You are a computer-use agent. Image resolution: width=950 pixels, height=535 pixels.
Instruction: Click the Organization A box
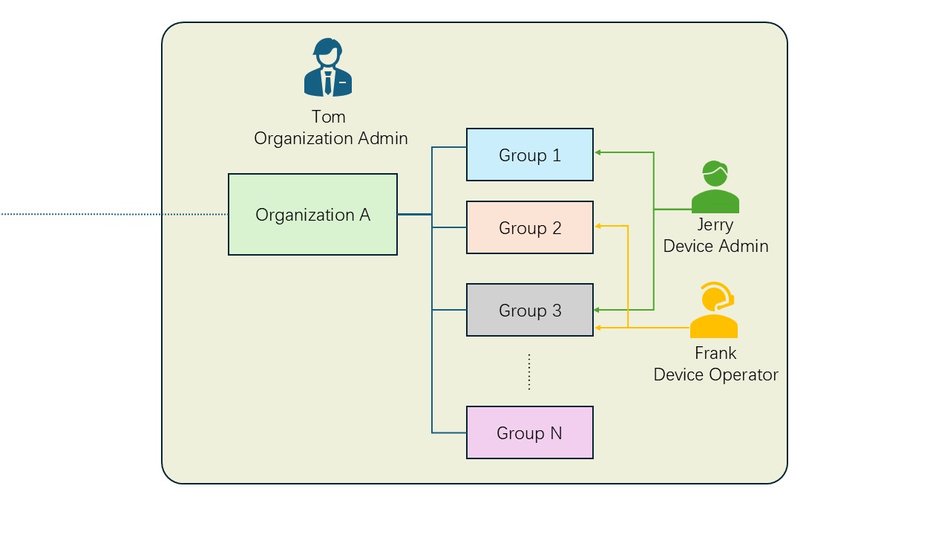312,215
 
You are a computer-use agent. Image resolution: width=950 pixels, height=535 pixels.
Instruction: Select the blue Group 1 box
530,155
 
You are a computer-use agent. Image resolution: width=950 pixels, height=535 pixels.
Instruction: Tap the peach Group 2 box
530,227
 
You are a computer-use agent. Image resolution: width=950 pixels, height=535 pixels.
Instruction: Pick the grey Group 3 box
530,310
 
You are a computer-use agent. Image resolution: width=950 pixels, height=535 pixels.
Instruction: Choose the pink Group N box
530,432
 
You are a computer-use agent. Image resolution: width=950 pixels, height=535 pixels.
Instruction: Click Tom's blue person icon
328,68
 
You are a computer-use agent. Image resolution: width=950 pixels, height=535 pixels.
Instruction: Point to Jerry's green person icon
715,187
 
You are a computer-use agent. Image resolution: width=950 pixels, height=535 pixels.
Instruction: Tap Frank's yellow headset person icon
714,311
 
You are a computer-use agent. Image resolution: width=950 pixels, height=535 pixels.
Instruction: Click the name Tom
328,117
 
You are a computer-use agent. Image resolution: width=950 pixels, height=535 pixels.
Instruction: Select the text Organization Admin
331,138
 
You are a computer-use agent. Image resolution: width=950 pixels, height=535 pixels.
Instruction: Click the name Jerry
715,224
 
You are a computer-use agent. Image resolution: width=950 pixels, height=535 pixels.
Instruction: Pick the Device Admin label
715,246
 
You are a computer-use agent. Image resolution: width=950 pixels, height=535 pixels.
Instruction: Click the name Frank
715,353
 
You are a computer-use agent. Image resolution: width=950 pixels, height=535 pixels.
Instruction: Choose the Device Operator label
715,374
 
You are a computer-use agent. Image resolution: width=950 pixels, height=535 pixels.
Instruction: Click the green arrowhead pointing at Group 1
598,152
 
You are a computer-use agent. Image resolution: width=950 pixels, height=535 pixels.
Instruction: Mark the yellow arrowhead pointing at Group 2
598,225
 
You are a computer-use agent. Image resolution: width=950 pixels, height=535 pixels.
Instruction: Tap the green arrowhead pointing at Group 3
598,309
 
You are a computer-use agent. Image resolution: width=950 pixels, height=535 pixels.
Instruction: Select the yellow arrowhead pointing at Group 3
598,328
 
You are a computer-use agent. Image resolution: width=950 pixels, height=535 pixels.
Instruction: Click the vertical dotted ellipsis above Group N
529,372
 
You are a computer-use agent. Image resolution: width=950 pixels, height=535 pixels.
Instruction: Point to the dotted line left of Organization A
111,214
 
